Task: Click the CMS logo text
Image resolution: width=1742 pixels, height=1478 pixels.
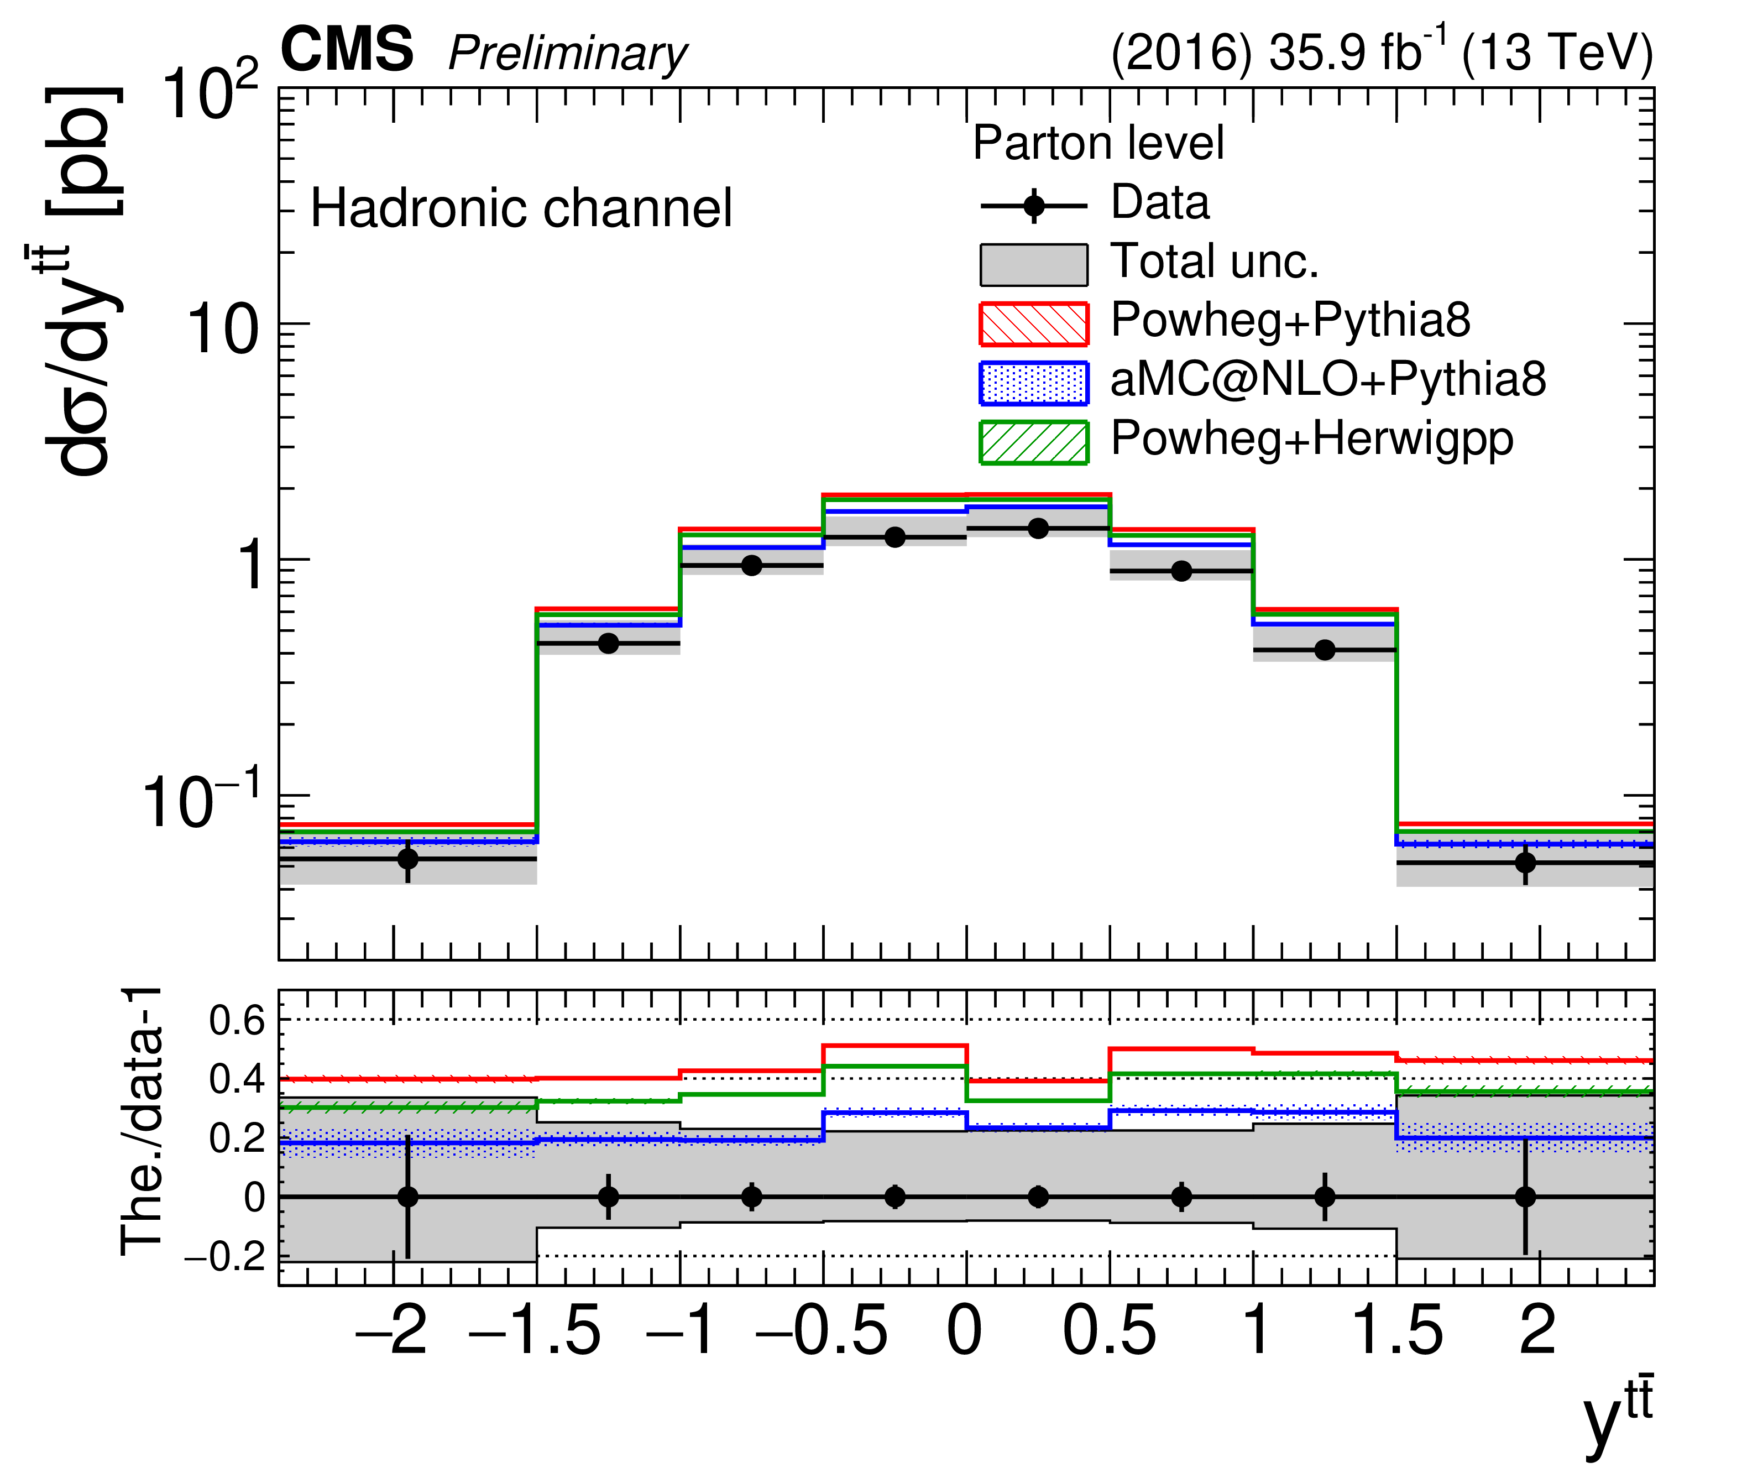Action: tap(346, 50)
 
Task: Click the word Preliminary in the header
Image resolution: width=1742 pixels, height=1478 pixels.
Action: tap(567, 55)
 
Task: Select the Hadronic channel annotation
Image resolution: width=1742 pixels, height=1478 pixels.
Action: tap(521, 208)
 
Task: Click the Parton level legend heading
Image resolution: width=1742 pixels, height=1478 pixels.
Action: tap(1098, 143)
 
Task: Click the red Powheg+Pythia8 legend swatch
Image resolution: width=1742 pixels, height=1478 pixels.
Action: tap(1033, 324)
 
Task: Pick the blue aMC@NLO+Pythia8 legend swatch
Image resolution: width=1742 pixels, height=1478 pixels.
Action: tap(1033, 383)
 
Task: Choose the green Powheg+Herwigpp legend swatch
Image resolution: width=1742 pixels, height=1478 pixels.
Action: tap(1033, 442)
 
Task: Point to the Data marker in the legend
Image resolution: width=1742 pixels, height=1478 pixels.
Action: tap(1033, 205)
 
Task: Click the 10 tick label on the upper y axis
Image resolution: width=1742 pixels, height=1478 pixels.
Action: tap(222, 330)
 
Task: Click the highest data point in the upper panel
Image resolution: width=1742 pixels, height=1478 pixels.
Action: tap(1038, 528)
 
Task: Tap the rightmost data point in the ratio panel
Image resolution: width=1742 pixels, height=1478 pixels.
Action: tap(1525, 1197)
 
